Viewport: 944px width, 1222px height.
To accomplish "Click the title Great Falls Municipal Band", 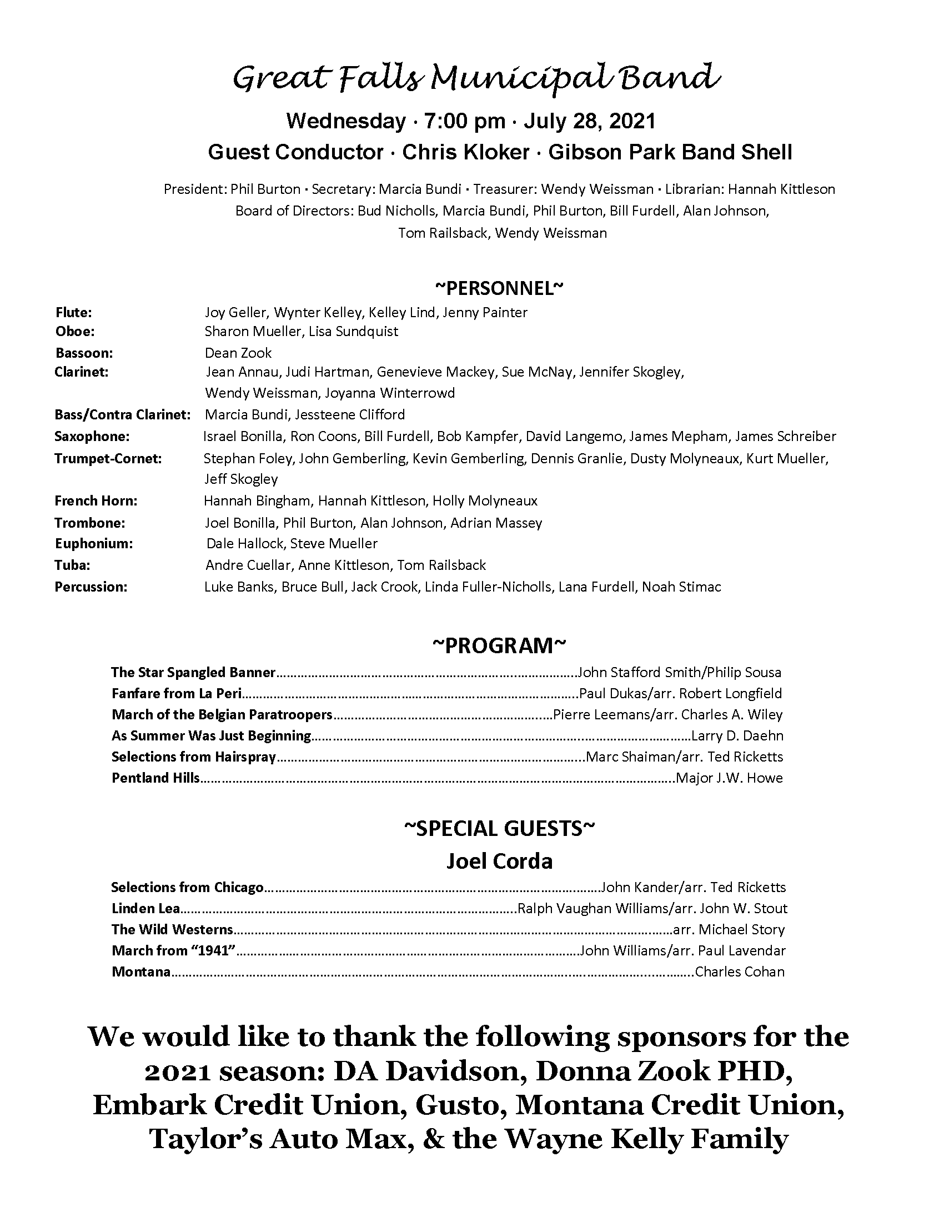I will pyautogui.click(x=476, y=78).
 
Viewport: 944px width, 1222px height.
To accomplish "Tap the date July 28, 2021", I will pyautogui.click(x=589, y=121).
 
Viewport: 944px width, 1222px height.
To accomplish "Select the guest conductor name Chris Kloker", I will pyautogui.click(x=466, y=152).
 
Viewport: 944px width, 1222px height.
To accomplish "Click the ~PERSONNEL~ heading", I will pyautogui.click(x=499, y=288).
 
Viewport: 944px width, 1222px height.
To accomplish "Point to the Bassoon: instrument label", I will pyautogui.click(x=84, y=353).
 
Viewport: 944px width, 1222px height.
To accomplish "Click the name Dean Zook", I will pyautogui.click(x=238, y=353).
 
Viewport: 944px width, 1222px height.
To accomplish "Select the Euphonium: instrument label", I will pyautogui.click(x=93, y=543).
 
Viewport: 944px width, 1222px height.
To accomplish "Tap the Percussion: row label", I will pyautogui.click(x=91, y=587).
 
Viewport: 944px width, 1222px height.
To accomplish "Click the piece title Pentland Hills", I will pyautogui.click(x=155, y=778).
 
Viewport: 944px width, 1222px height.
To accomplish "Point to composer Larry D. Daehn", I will pyautogui.click(x=737, y=736).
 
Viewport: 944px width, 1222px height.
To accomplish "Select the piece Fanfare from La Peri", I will pyautogui.click(x=177, y=694).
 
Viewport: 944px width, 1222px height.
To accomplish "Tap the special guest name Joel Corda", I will pyautogui.click(x=499, y=861).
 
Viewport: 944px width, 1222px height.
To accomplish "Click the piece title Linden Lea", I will pyautogui.click(x=145, y=909).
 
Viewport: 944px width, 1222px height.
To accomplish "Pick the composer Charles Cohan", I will pyautogui.click(x=739, y=972).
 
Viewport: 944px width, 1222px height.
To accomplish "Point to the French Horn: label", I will pyautogui.click(x=96, y=501).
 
